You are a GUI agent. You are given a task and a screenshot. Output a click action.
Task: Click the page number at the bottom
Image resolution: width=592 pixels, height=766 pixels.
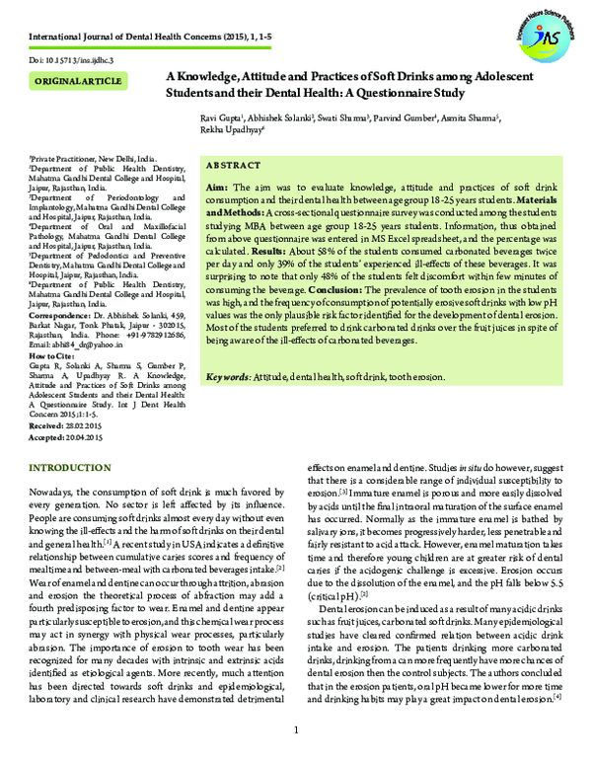pyautogui.click(x=296, y=729)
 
